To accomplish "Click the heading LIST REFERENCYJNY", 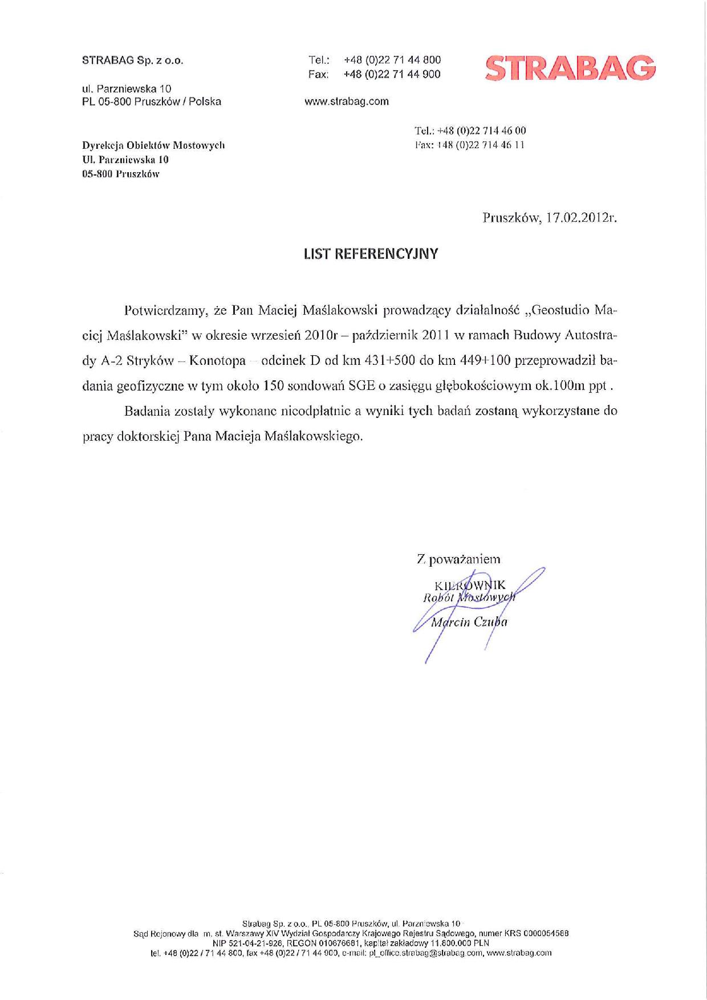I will point(371,254).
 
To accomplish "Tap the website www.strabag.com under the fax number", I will point(347,101).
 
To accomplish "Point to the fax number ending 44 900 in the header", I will point(392,74).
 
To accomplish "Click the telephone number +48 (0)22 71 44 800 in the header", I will point(392,60).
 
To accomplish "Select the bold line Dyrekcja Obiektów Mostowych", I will point(154,145).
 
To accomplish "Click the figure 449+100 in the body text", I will point(477,361).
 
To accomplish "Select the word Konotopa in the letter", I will point(217,361).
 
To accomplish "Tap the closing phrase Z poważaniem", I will point(459,560).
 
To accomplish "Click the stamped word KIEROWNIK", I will point(470,586).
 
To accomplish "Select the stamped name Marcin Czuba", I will point(469,622).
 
